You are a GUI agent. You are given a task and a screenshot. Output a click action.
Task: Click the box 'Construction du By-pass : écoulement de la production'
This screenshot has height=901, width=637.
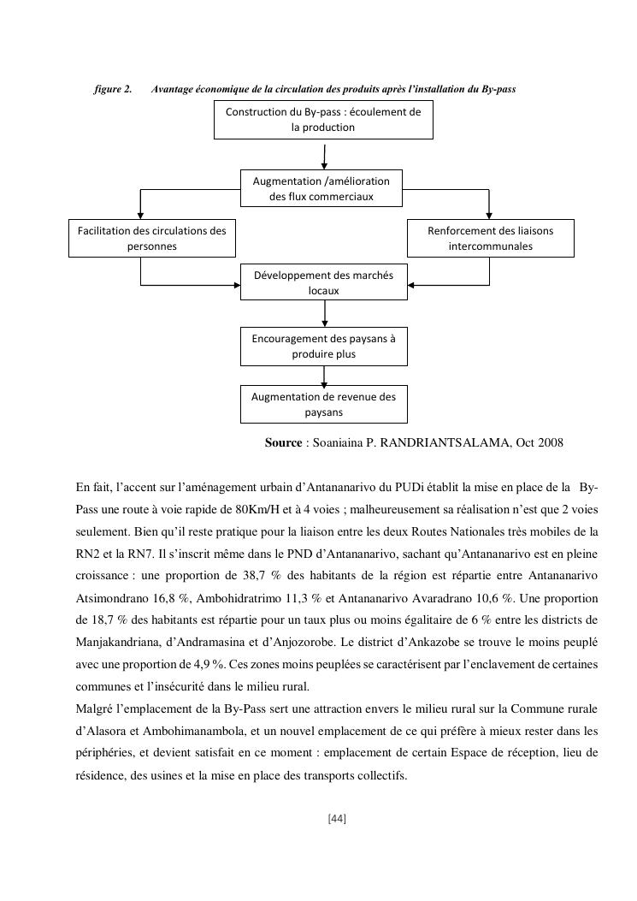(x=323, y=121)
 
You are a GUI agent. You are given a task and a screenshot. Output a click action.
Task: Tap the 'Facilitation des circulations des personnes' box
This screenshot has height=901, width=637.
(x=152, y=238)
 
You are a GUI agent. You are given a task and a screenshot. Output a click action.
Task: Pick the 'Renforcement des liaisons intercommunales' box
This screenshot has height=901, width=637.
(x=490, y=238)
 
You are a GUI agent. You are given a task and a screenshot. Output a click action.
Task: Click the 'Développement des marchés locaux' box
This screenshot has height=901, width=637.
(x=323, y=282)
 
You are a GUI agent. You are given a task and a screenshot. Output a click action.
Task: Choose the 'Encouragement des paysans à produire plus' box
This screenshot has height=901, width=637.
(x=323, y=346)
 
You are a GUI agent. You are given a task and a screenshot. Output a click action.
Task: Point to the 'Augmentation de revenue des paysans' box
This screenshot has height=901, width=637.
(x=323, y=404)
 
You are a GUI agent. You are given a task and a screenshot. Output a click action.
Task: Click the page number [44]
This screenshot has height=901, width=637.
(x=337, y=819)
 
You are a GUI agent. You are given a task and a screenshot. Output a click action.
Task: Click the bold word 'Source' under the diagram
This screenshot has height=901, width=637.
(x=283, y=442)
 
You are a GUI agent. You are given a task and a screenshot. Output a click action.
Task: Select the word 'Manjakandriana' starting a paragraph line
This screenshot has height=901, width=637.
(x=116, y=642)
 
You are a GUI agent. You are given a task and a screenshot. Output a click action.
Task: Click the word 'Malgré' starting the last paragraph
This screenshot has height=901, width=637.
(x=94, y=708)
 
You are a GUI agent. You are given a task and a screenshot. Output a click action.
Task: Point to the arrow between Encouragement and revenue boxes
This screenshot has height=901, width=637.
(x=324, y=375)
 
